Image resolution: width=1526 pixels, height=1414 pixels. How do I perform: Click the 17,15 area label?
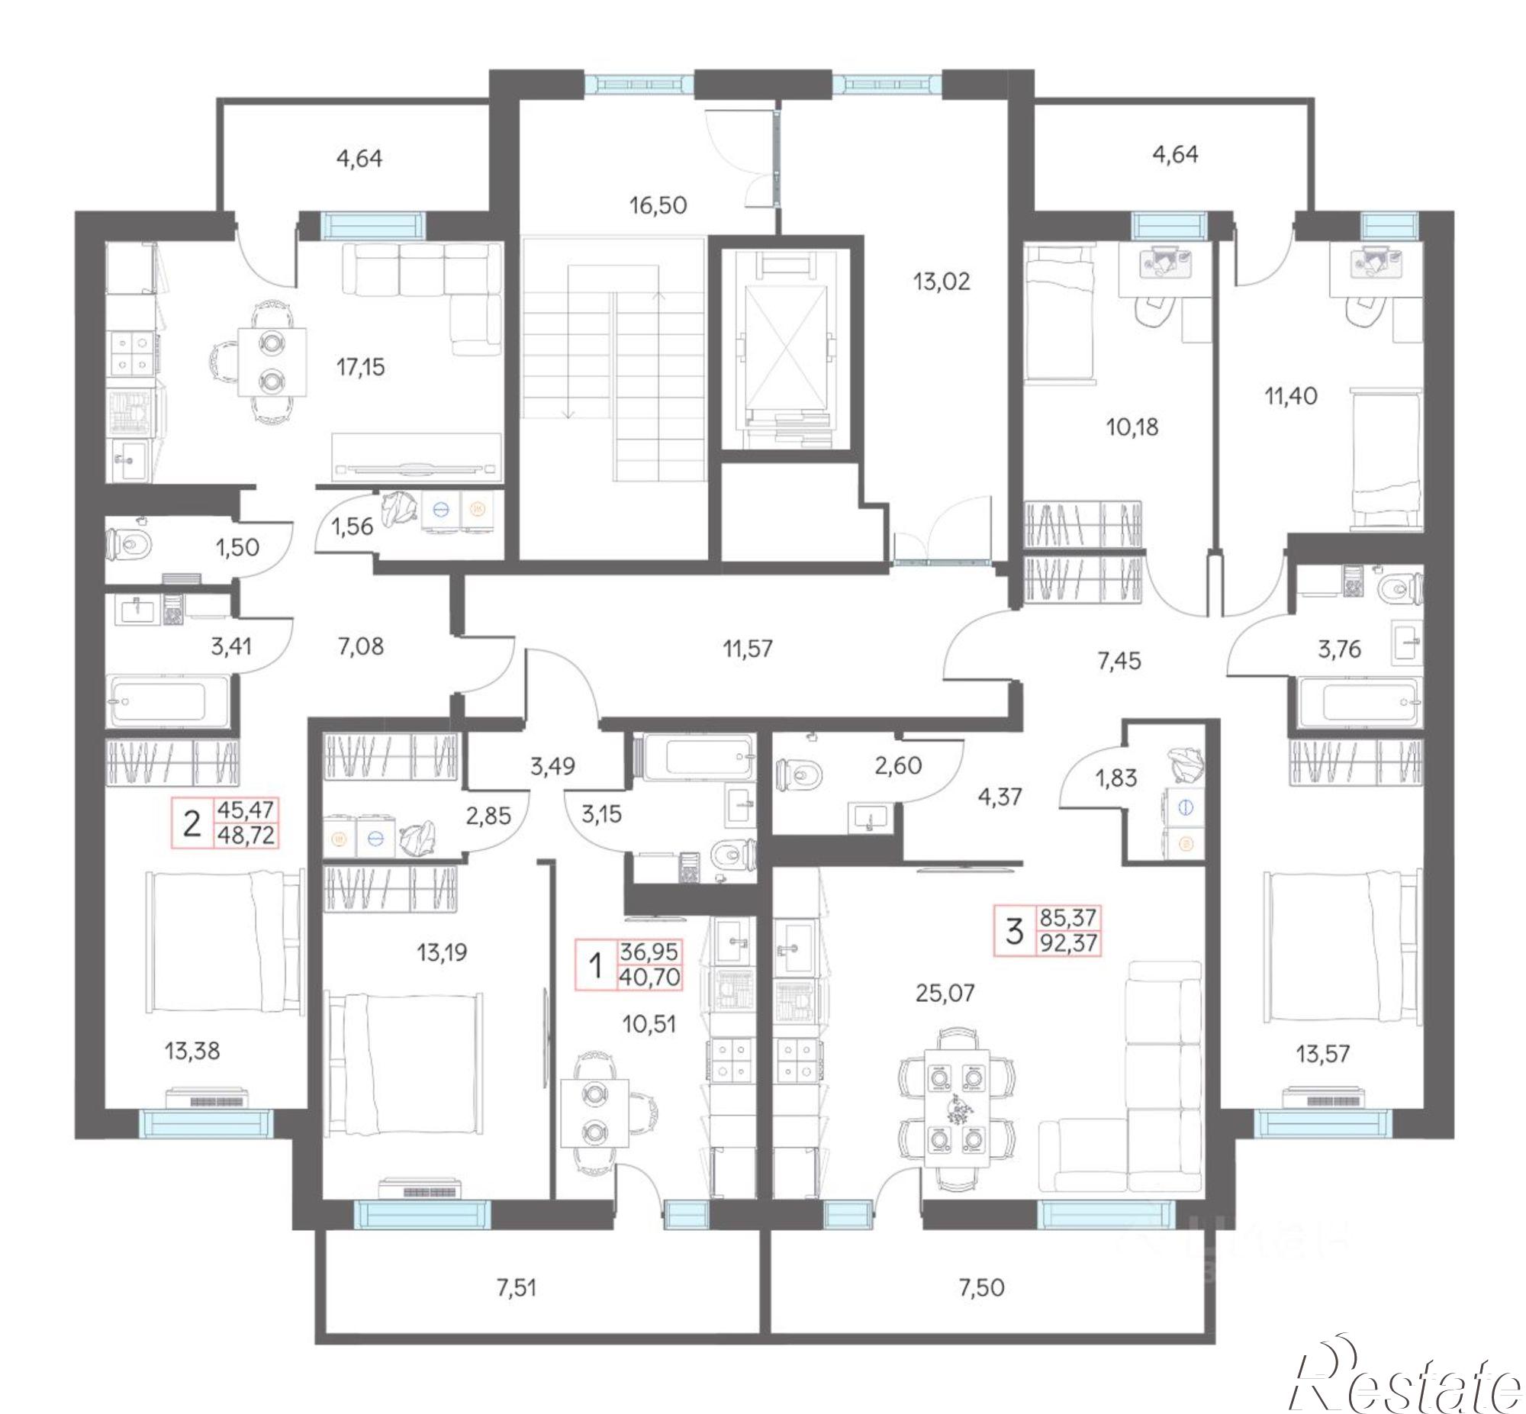[x=360, y=367]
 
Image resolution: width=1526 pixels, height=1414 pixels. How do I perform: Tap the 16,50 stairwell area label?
[x=658, y=205]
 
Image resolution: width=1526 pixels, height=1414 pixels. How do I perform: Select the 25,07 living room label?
[x=945, y=994]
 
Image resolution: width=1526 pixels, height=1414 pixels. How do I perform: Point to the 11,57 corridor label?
[x=748, y=649]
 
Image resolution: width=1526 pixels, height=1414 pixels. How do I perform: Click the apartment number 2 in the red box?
[x=192, y=823]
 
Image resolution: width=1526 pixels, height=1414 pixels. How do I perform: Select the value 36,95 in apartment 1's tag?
[x=649, y=952]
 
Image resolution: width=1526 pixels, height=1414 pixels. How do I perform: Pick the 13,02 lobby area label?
[x=942, y=282]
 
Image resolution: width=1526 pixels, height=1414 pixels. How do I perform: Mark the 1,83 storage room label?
[x=1116, y=778]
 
